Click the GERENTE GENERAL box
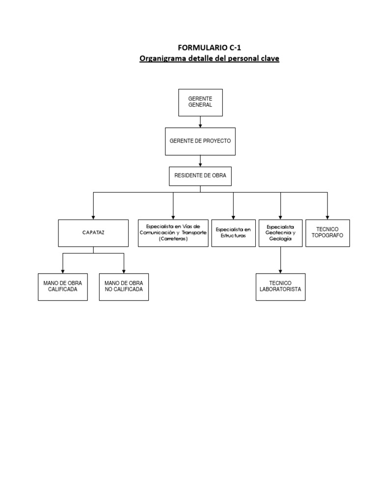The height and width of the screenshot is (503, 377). [x=200, y=102]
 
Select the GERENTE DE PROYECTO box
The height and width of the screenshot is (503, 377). [x=200, y=140]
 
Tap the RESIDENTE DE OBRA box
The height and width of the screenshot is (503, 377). [x=200, y=176]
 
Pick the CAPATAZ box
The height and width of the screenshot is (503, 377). [x=93, y=233]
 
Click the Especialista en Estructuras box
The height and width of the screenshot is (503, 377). [x=233, y=233]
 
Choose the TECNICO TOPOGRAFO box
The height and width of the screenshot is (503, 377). [x=327, y=233]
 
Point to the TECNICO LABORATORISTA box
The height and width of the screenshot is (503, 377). [x=280, y=287]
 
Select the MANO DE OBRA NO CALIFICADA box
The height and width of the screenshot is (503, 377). [x=124, y=287]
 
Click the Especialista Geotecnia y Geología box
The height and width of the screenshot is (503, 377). [x=280, y=233]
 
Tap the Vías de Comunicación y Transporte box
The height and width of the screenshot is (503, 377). [x=173, y=233]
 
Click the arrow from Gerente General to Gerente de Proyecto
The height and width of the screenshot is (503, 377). [x=200, y=122]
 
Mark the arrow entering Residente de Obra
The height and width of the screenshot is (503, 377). [x=200, y=162]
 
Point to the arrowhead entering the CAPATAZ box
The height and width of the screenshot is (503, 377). [x=93, y=217]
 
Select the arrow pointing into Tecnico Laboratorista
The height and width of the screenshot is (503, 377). [x=280, y=270]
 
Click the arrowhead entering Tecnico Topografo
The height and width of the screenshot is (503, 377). [x=327, y=217]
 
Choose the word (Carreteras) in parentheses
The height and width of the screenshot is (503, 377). [x=173, y=239]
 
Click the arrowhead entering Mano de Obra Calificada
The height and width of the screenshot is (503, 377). [x=62, y=270]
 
